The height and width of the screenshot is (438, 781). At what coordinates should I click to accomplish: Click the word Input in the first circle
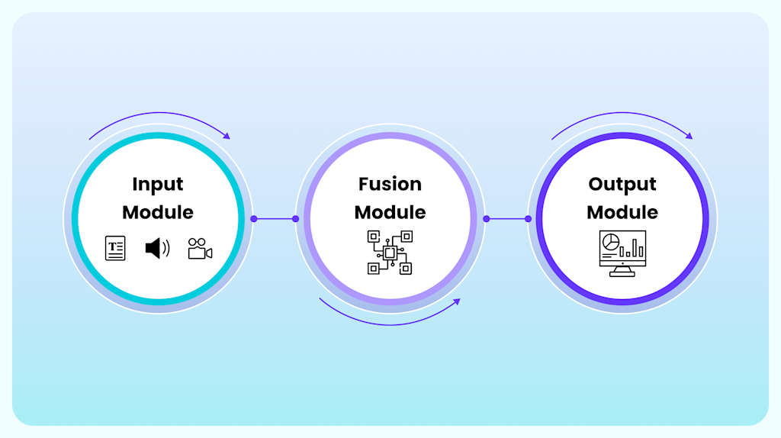point(157,184)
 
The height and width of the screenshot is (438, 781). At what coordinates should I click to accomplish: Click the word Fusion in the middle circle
point(390,184)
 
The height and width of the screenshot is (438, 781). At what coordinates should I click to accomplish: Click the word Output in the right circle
point(622,184)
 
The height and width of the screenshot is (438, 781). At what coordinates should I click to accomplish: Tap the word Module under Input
point(157,211)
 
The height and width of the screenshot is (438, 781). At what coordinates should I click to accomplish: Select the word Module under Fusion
point(390,211)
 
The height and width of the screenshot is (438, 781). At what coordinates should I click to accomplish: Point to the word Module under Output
point(622,211)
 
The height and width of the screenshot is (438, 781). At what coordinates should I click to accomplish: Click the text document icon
point(115,248)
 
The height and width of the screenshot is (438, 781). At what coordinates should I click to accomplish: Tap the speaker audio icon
point(157,248)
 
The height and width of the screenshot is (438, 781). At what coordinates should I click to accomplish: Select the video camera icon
point(200,249)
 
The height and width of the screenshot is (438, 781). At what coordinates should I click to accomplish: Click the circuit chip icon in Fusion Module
point(390,252)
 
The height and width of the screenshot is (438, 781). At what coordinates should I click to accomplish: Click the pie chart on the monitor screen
point(610,242)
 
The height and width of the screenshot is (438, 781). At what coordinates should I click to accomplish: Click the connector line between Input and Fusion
point(275,219)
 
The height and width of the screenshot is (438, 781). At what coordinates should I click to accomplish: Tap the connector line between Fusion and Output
point(506,219)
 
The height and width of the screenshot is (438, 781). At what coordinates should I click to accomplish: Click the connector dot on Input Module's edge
point(254,219)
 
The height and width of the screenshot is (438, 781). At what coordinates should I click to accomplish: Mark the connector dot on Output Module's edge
point(528,219)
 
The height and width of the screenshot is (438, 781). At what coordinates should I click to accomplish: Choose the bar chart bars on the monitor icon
point(633,249)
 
